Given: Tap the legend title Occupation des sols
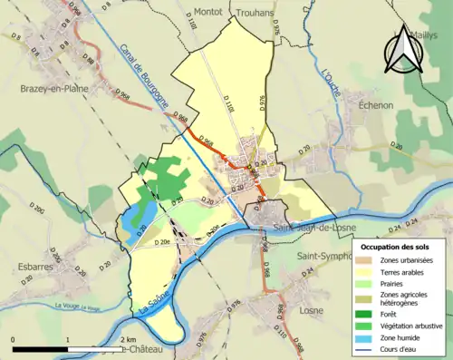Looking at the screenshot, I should tap(398, 247).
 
